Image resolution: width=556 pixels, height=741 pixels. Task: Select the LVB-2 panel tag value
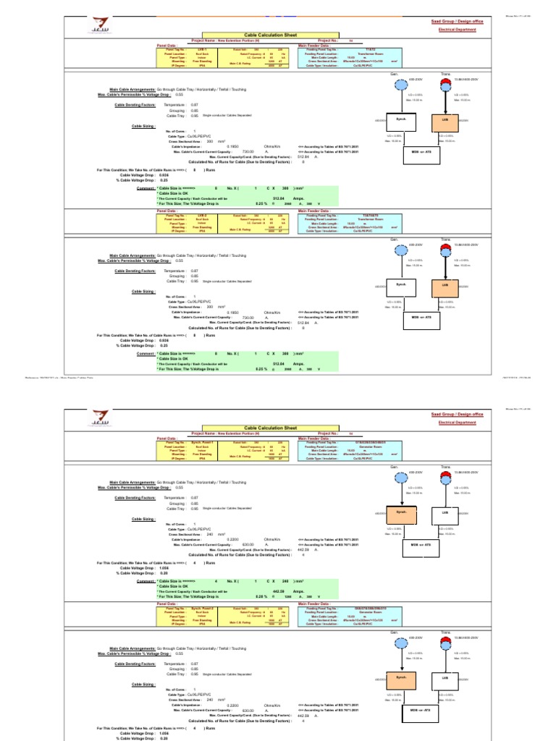click(x=202, y=216)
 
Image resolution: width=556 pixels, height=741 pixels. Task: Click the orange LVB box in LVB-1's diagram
click(x=446, y=119)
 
